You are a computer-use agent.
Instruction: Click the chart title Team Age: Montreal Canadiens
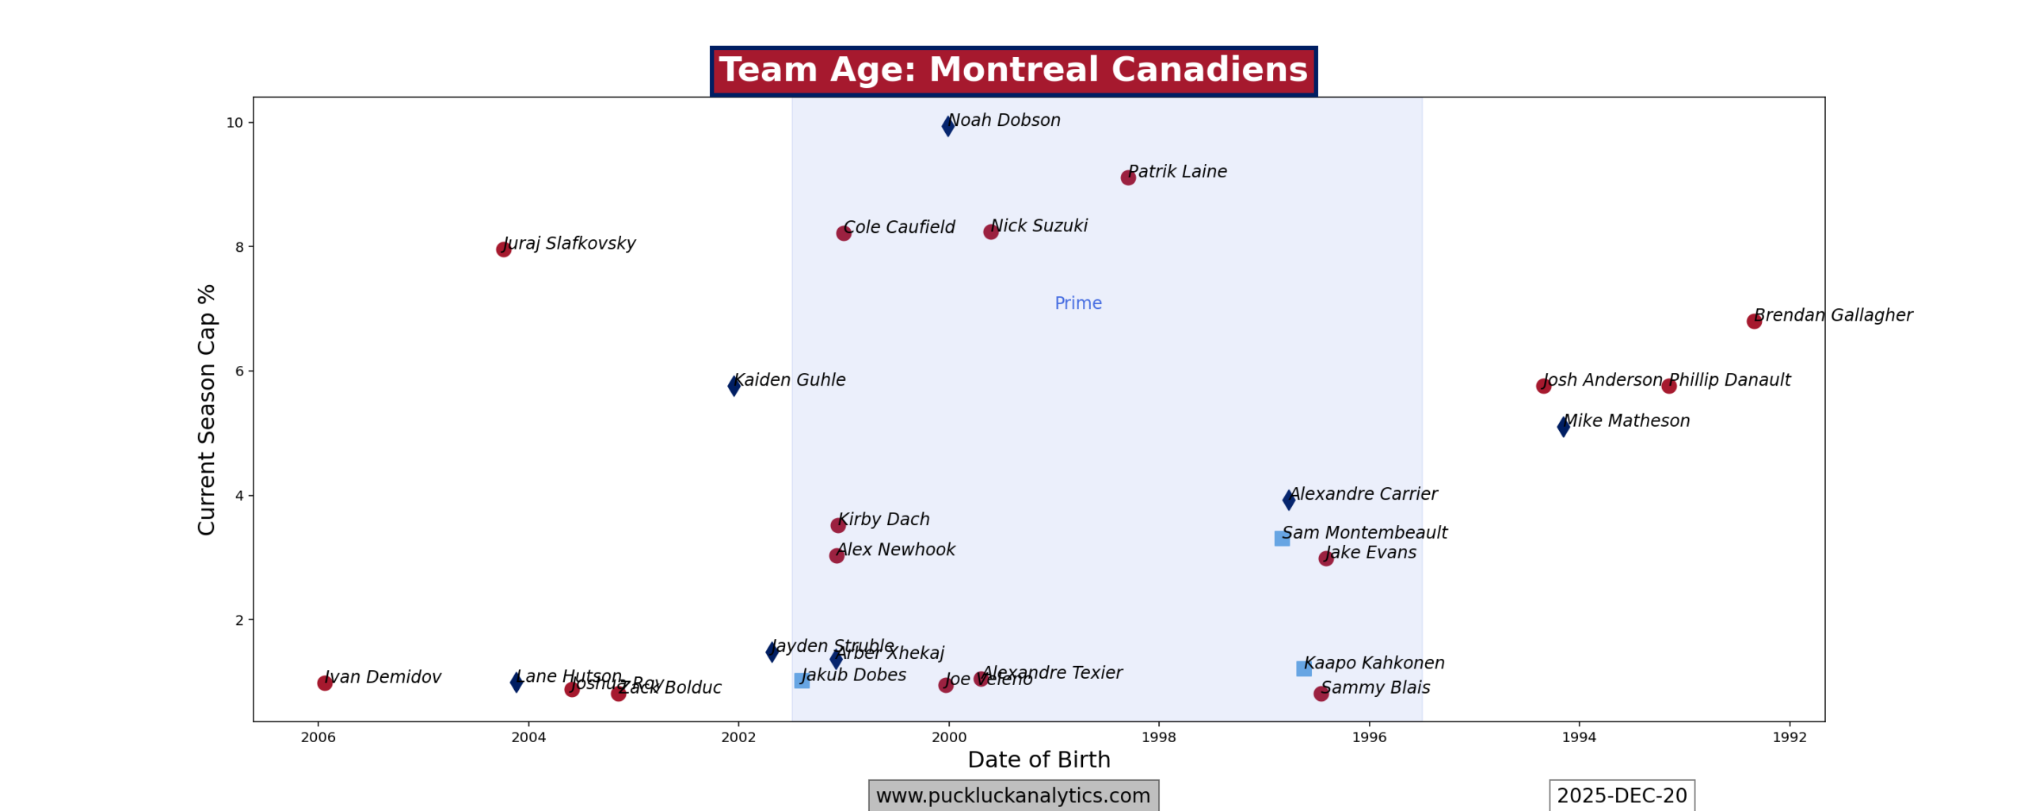pos(1013,70)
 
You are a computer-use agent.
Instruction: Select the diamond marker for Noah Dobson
pos(947,126)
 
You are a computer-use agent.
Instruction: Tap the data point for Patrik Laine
pos(1128,177)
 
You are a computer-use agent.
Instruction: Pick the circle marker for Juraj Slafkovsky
pos(503,249)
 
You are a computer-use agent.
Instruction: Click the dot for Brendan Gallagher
pos(1754,321)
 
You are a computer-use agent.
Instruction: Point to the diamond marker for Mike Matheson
pos(1563,427)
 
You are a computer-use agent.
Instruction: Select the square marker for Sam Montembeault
pos(1282,539)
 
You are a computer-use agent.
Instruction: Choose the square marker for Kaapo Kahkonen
pos(1303,669)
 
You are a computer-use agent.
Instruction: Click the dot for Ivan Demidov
pos(325,683)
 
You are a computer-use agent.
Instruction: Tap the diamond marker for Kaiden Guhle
pos(734,386)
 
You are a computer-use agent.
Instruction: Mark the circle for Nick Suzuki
pos(990,232)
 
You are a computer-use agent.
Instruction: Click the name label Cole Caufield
pos(899,227)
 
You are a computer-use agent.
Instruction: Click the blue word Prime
pos(1077,303)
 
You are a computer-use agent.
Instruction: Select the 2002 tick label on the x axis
pos(738,737)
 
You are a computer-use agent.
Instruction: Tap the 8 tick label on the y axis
pos(239,247)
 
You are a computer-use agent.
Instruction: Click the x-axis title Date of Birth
pos(1039,760)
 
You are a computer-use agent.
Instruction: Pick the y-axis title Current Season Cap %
pos(207,409)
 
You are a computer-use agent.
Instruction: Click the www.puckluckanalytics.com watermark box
pos(1013,796)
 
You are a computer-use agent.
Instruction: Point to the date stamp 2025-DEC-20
pos(1622,796)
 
